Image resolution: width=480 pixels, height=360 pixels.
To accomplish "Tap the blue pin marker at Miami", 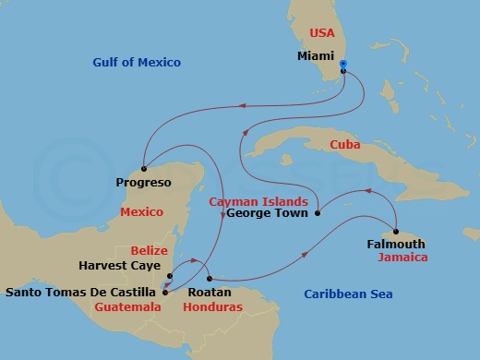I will [x=343, y=66].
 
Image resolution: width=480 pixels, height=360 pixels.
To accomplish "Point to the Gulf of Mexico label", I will [x=137, y=63].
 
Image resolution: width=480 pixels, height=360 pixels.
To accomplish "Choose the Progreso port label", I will [x=144, y=183].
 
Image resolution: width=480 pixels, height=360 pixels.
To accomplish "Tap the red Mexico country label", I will [x=141, y=211].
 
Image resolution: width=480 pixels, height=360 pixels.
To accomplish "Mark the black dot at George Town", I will [x=318, y=213].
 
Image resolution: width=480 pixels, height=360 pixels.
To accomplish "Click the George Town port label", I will [x=265, y=213].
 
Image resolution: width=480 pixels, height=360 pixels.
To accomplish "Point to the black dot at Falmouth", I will [x=395, y=232].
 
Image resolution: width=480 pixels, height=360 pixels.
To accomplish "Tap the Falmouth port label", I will [x=396, y=245].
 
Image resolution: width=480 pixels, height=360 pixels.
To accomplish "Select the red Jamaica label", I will [x=402, y=258].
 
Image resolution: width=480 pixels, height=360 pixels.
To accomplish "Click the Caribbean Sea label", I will [x=348, y=294].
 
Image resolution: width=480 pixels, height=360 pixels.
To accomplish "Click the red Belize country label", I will [x=149, y=250].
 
